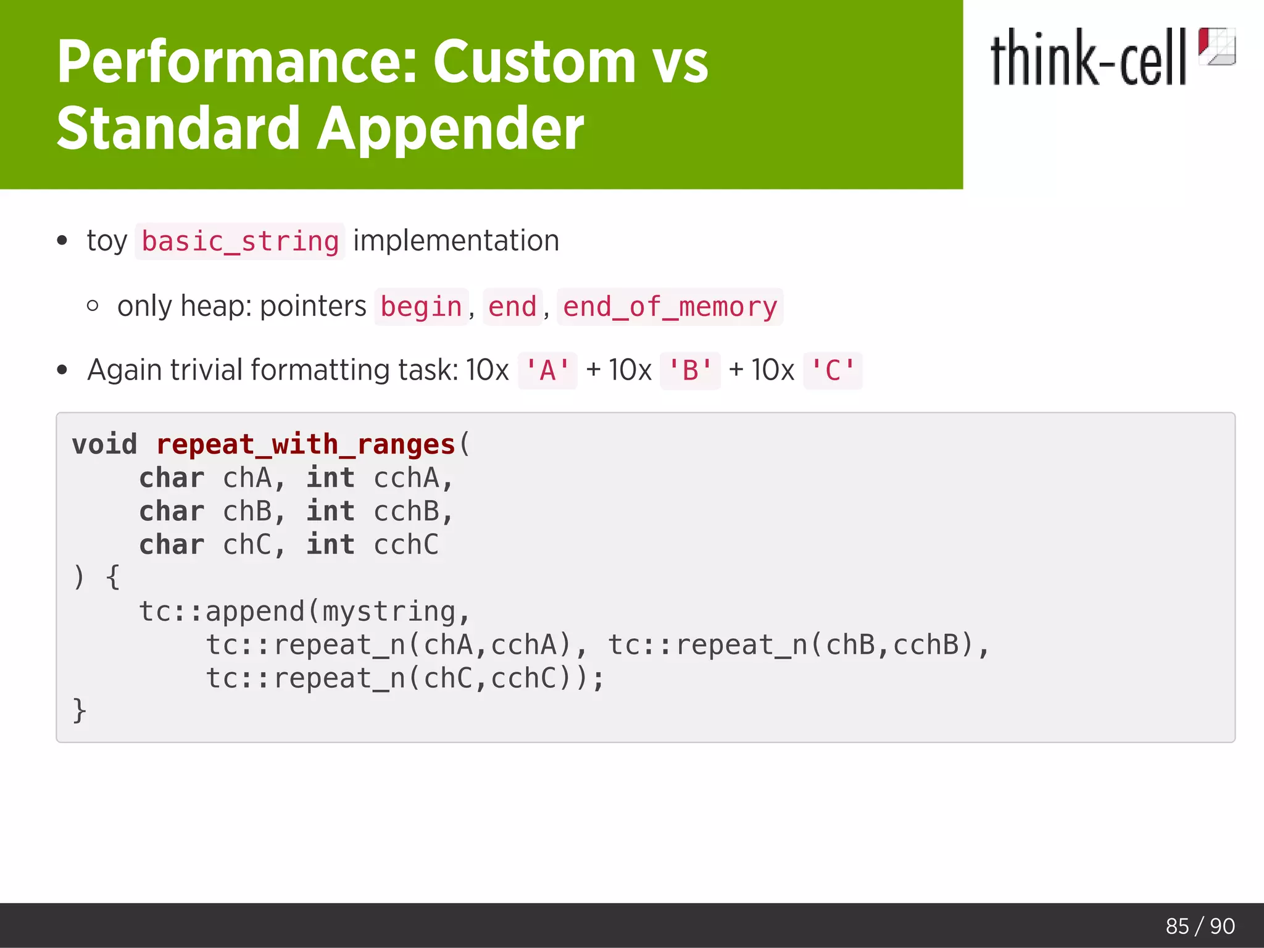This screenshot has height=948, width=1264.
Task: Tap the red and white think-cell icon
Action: click(1216, 46)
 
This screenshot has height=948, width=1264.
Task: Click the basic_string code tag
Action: click(240, 241)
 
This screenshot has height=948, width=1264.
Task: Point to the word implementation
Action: click(456, 241)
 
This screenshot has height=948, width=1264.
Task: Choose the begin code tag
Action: click(422, 307)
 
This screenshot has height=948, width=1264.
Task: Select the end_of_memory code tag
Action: click(670, 307)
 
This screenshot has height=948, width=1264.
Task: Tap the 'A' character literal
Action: click(547, 371)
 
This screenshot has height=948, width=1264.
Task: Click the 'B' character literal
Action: click(690, 371)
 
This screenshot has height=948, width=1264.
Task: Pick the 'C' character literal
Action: click(833, 371)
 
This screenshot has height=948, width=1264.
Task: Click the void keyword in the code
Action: click(104, 444)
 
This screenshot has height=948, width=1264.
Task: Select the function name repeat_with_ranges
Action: click(306, 444)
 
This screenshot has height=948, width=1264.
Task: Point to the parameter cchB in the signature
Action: click(406, 512)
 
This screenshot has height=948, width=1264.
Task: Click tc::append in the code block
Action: click(222, 612)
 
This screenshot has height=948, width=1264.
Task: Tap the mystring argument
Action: click(389, 612)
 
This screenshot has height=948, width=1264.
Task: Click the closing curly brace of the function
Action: click(79, 710)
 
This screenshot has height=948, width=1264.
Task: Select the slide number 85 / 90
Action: click(1200, 926)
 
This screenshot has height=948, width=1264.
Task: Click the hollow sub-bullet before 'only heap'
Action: click(93, 306)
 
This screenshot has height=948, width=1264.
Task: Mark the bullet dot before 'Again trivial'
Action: click(62, 370)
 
